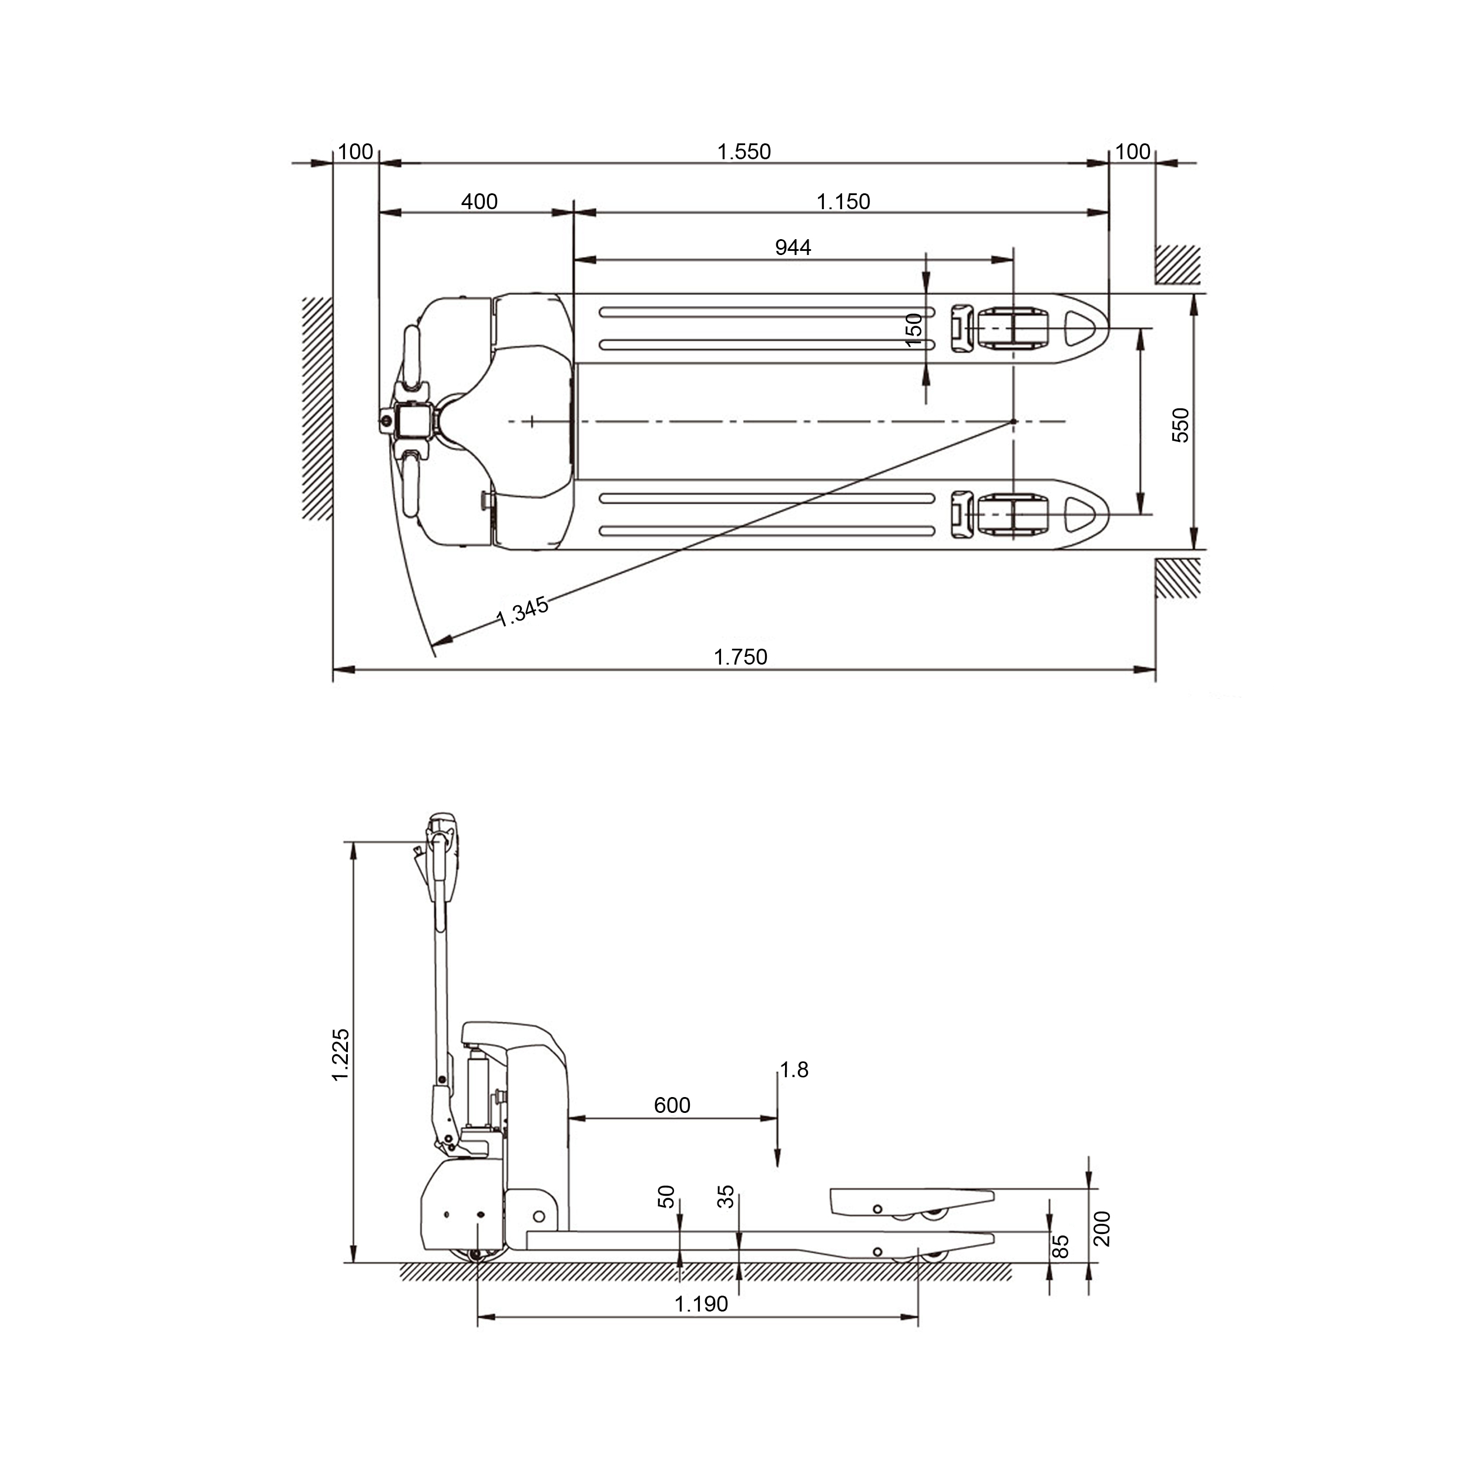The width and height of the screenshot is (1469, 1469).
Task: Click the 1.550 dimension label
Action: pos(744,152)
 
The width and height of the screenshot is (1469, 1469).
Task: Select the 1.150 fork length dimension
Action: pos(843,202)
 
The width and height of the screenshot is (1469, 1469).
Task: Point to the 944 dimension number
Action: pos(793,247)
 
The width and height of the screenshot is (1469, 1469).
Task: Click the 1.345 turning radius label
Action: pos(522,611)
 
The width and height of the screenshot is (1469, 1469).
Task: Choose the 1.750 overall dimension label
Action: pos(740,657)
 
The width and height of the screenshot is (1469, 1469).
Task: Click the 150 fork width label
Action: pos(914,330)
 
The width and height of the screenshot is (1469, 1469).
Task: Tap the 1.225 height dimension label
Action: pos(341,1055)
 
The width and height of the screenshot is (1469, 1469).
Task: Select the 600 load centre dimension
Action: pos(672,1105)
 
